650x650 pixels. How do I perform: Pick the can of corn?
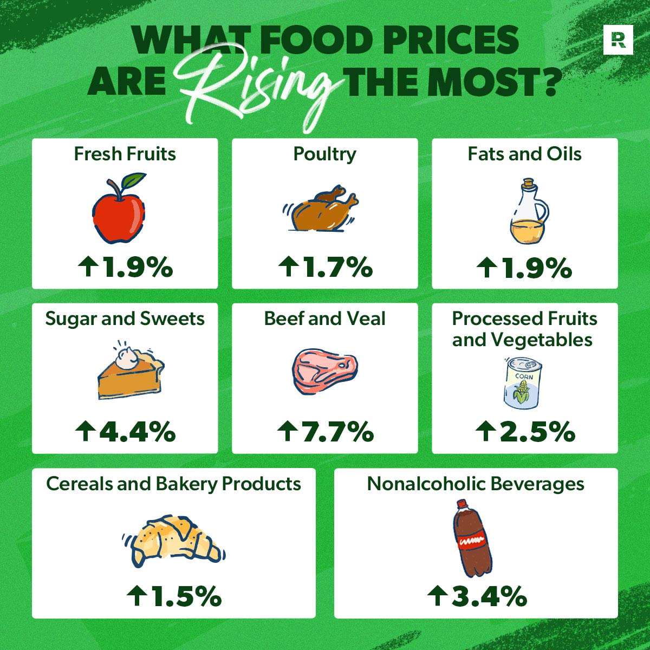pos(522,383)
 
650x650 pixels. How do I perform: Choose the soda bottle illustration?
pos(472,539)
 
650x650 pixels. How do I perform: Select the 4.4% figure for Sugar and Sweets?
pos(135,432)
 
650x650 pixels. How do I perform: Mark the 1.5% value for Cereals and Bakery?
pos(184,596)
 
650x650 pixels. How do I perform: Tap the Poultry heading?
pos(324,154)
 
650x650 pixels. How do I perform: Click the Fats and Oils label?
pos(524,154)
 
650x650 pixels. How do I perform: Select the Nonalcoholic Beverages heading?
pos(476,483)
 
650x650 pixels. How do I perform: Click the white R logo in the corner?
pos(617,40)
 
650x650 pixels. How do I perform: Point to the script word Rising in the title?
pos(260,81)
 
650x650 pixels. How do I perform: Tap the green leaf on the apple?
pos(134,180)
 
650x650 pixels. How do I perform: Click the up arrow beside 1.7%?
pos(287,267)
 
